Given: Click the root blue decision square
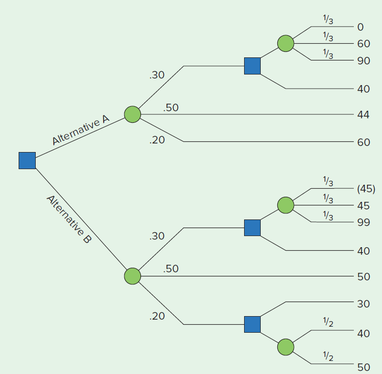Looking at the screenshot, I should [27, 161].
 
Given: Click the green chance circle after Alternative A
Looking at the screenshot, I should [132, 114].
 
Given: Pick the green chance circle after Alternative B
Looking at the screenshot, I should [132, 276].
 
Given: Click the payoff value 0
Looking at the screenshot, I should [360, 27].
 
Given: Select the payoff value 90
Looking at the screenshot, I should [363, 61].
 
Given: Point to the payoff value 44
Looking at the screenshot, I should [363, 115].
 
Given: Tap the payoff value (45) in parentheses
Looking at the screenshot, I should [365, 189].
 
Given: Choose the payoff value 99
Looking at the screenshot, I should [363, 222].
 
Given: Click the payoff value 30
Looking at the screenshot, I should [363, 304].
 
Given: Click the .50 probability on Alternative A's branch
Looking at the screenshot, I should [171, 108].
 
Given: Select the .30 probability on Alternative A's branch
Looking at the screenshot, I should [157, 75].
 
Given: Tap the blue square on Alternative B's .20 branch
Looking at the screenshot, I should [252, 324].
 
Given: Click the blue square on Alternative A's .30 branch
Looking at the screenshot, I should [252, 66].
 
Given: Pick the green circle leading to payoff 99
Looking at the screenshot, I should [285, 205].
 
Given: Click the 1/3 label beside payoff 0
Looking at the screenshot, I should [328, 20].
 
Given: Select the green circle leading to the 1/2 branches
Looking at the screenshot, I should [285, 347].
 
